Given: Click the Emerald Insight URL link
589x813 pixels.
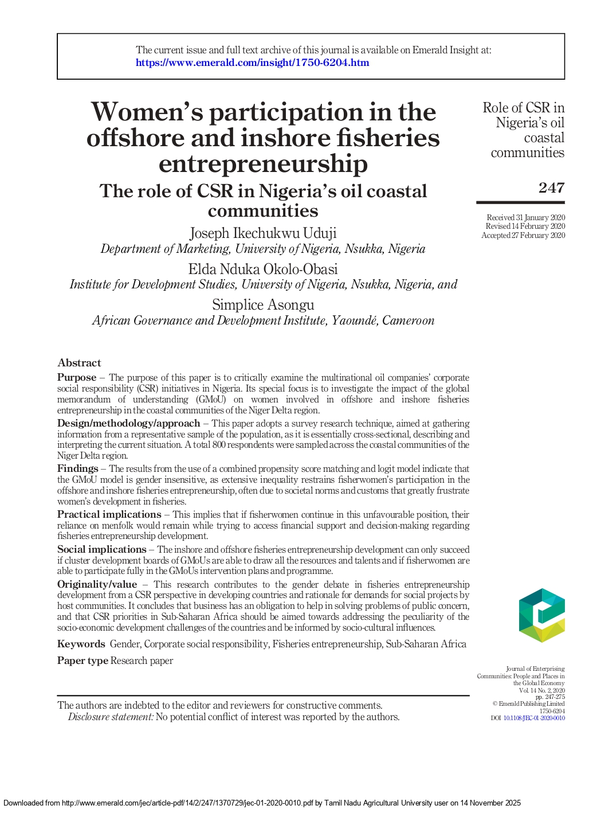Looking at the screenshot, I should point(252,62).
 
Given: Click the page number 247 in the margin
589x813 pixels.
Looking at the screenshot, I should point(551,187).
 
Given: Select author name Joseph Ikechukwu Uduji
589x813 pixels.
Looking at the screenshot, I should point(263,233).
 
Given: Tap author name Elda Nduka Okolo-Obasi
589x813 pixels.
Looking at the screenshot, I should point(263,269).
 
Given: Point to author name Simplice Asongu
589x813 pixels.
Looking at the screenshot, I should point(263,304).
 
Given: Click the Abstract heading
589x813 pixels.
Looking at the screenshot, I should point(79,363).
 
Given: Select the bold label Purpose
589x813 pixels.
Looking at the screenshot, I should point(77,377).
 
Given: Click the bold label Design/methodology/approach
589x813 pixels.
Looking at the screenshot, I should point(128,423).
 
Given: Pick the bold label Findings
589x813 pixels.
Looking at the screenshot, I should point(77,468).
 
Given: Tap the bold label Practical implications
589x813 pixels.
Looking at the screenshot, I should point(109,514).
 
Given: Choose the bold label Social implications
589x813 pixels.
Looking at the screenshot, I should point(101,549).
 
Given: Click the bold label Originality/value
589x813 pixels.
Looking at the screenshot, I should point(97,584).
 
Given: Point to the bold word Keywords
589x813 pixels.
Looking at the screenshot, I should point(81,644).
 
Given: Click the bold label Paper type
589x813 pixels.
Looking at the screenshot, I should point(83,660).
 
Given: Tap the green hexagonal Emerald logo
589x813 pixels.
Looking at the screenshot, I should point(541,615).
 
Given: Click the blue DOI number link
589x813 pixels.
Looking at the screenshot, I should point(534,718).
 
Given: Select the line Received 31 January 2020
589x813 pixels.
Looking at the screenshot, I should point(525,217).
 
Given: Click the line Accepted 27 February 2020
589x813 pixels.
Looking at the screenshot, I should point(523,235).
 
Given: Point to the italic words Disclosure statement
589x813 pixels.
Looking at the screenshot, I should point(111,717).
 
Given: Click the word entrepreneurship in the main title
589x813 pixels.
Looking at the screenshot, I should point(263,163).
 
